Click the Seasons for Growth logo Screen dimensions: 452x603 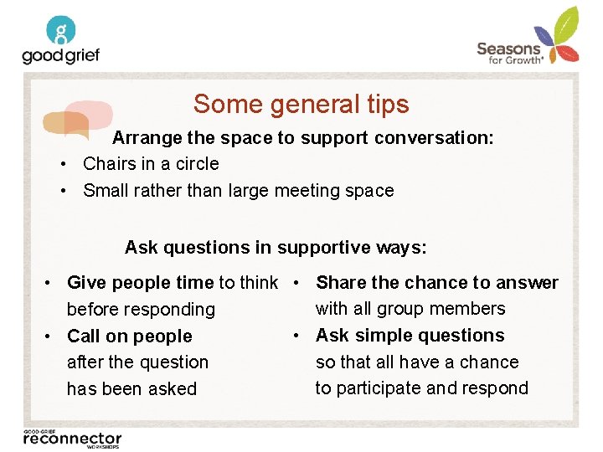528,38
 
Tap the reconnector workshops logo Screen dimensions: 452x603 72,437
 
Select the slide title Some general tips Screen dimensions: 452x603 301,104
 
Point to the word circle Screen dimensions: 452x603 197,164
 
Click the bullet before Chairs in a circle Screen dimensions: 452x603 64,164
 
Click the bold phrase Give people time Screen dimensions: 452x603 141,283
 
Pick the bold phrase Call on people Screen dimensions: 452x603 129,336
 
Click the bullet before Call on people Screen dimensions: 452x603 50,336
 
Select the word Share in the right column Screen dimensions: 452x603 340,283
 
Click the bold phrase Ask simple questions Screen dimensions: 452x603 410,336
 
